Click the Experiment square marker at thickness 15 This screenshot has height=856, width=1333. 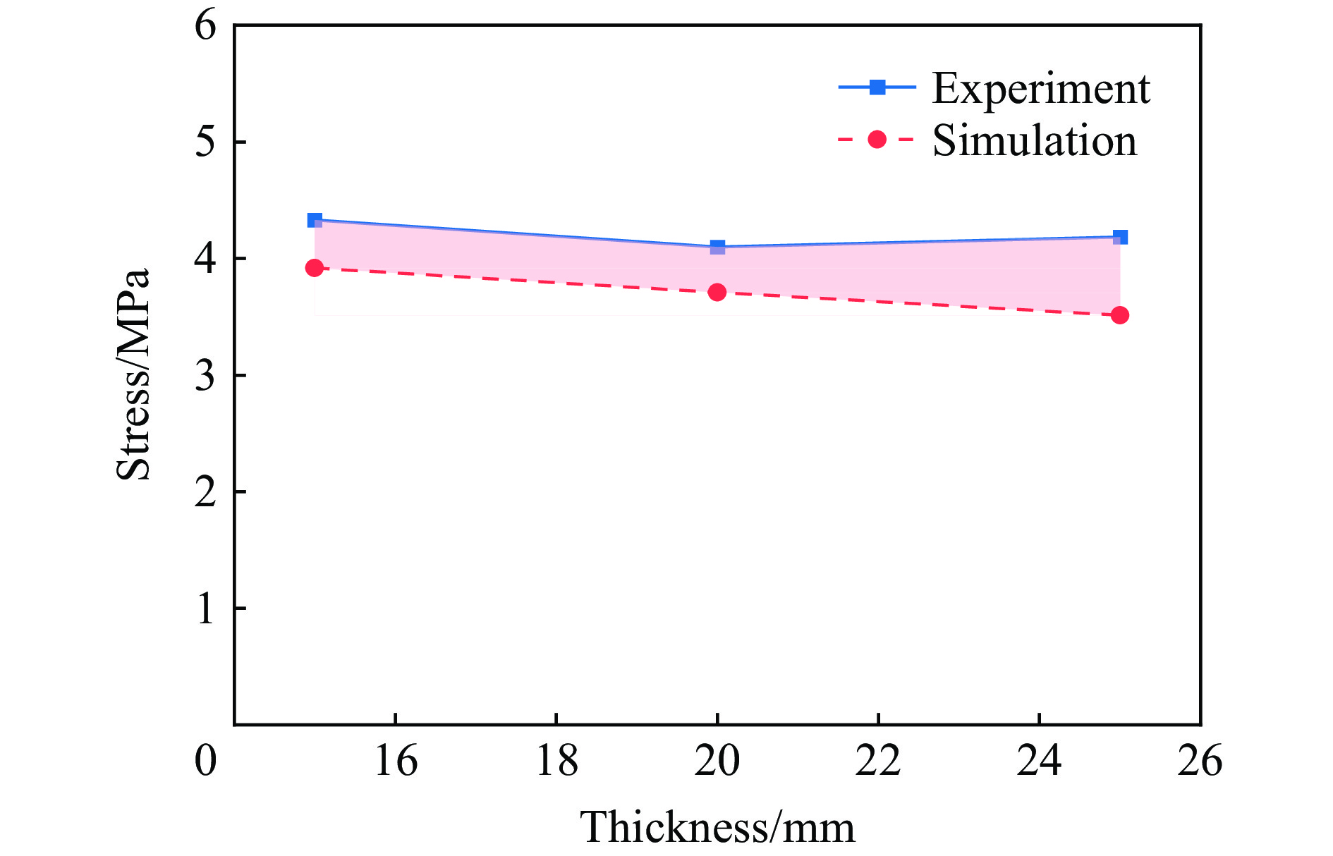[x=315, y=220]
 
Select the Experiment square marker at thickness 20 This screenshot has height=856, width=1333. [x=717, y=247]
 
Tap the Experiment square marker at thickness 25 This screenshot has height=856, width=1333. [x=1120, y=237]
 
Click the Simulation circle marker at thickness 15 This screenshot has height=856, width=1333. [x=315, y=268]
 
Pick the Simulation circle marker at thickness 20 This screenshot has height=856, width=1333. [x=717, y=292]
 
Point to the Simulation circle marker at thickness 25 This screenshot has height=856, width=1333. [x=1120, y=315]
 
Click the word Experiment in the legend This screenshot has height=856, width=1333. [x=1041, y=90]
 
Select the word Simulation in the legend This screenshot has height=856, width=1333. [x=1035, y=141]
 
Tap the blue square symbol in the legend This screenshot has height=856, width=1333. [x=877, y=87]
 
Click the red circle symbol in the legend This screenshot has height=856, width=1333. [x=877, y=140]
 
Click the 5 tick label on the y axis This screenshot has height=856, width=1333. [x=205, y=142]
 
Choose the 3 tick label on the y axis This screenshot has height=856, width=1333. [x=205, y=376]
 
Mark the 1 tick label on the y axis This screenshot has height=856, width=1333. [x=205, y=609]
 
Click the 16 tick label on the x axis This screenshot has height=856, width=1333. [x=396, y=762]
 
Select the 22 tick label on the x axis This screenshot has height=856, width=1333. [x=878, y=762]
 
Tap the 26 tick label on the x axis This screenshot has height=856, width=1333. [x=1200, y=762]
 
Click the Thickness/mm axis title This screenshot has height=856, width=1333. [x=717, y=827]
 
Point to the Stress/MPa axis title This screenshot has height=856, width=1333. [x=133, y=374]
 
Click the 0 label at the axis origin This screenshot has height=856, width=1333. [x=205, y=762]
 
